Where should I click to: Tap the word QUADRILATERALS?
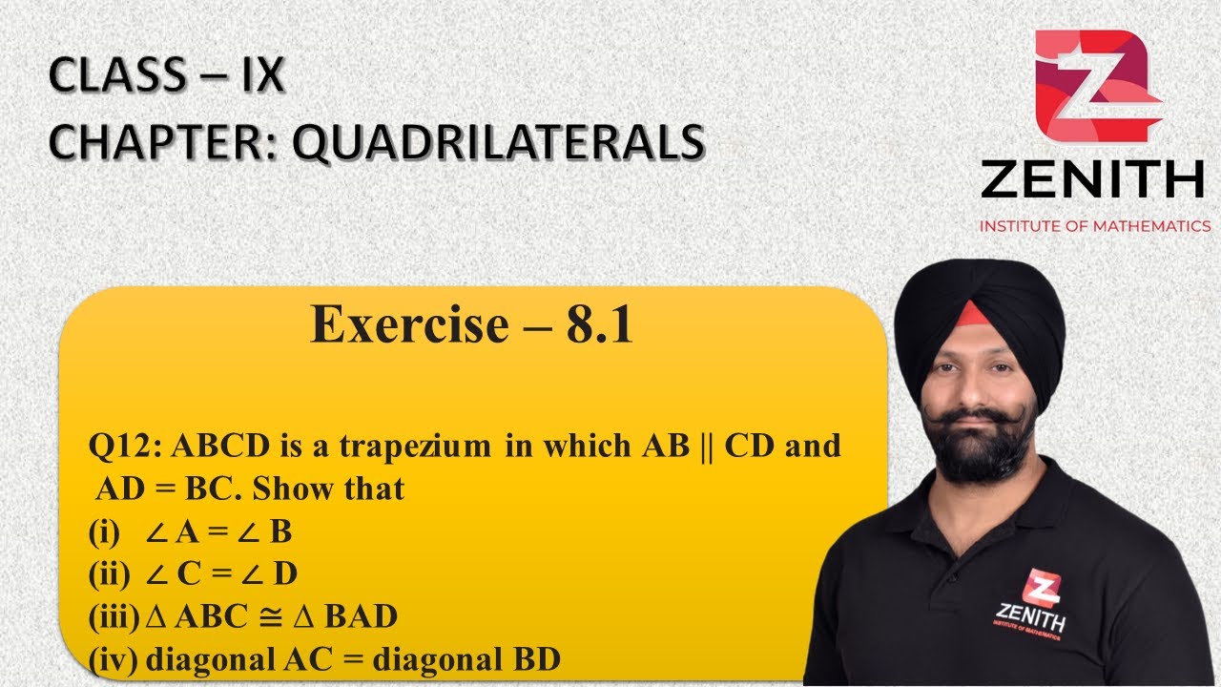pyautogui.click(x=497, y=142)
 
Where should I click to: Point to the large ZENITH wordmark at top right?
pyautogui.click(x=1092, y=179)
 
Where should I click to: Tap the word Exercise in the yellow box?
pyautogui.click(x=410, y=325)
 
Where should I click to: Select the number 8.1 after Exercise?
pyautogui.click(x=599, y=325)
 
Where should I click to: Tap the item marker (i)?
pyautogui.click(x=104, y=531)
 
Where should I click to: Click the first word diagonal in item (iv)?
pyautogui.click(x=201, y=659)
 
